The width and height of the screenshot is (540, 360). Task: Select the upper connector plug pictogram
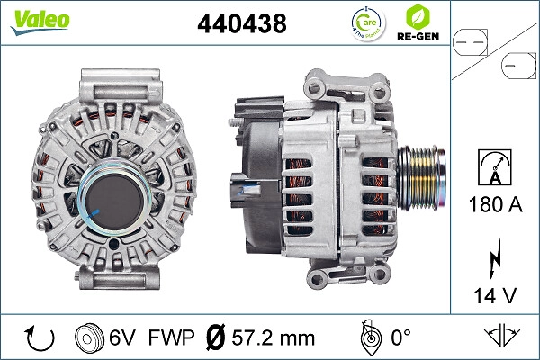pyautogui.click(x=472, y=40)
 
